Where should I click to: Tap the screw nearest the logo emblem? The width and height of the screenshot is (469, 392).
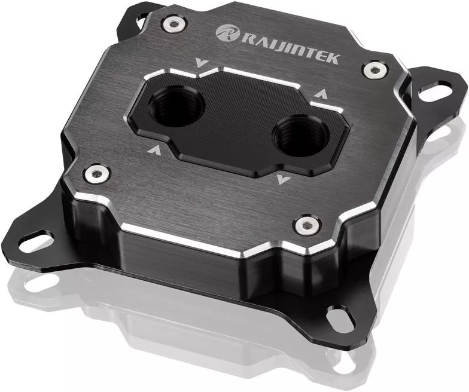coord(173,24)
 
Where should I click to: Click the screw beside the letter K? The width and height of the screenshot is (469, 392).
coord(375,69)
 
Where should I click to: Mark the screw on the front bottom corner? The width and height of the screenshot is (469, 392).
coord(307,225)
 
